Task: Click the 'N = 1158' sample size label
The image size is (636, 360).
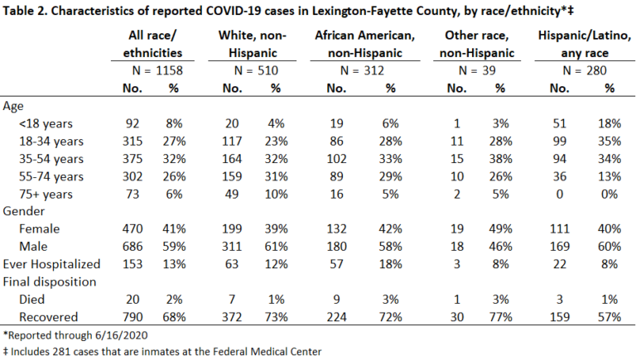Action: pyautogui.click(x=157, y=70)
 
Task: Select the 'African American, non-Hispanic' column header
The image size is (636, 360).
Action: pyautogui.click(x=365, y=44)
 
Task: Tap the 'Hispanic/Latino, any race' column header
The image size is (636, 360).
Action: pyautogui.click(x=585, y=44)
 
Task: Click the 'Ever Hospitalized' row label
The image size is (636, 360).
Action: pyautogui.click(x=51, y=264)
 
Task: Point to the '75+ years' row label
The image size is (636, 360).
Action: pyautogui.click(x=46, y=194)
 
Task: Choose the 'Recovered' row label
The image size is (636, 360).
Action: pyautogui.click(x=48, y=317)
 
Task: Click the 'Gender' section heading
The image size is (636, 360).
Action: pyautogui.click(x=23, y=211)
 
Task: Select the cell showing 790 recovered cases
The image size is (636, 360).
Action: pyautogui.click(x=132, y=317)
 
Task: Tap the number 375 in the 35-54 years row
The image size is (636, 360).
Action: pyautogui.click(x=132, y=159)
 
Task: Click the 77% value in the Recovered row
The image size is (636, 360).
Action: pyautogui.click(x=500, y=317)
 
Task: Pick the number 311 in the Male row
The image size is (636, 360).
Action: pyautogui.click(x=232, y=247)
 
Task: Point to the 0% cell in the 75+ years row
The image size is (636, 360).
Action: pyautogui.click(x=609, y=194)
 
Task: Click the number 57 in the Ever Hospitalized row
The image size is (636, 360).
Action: pyautogui.click(x=337, y=264)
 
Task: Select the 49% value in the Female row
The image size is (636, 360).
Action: pyautogui.click(x=500, y=228)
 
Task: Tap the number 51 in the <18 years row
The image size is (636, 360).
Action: pyautogui.click(x=559, y=123)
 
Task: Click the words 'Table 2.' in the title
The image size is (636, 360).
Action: pyautogui.click(x=25, y=11)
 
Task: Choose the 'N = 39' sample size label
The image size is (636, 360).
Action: pyautogui.click(x=477, y=70)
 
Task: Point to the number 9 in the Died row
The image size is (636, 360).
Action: pyautogui.click(x=337, y=300)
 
